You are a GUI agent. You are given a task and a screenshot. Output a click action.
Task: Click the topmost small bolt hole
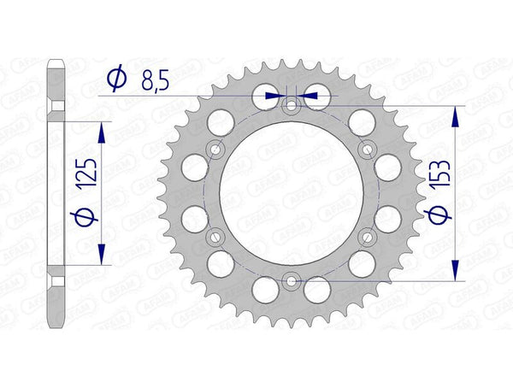292,107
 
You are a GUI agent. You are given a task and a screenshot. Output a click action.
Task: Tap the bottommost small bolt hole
292,279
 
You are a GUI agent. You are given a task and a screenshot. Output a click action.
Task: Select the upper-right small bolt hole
368,150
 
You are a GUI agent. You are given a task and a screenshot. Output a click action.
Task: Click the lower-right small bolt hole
368,237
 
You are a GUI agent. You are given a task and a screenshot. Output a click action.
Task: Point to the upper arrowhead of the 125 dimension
103,130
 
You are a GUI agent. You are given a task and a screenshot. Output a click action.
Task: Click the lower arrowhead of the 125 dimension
103,256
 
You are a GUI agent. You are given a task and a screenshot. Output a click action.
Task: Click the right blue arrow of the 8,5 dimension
309,96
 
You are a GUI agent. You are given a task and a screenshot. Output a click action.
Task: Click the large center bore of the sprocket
292,193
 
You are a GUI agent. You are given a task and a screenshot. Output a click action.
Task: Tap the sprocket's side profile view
56,193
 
